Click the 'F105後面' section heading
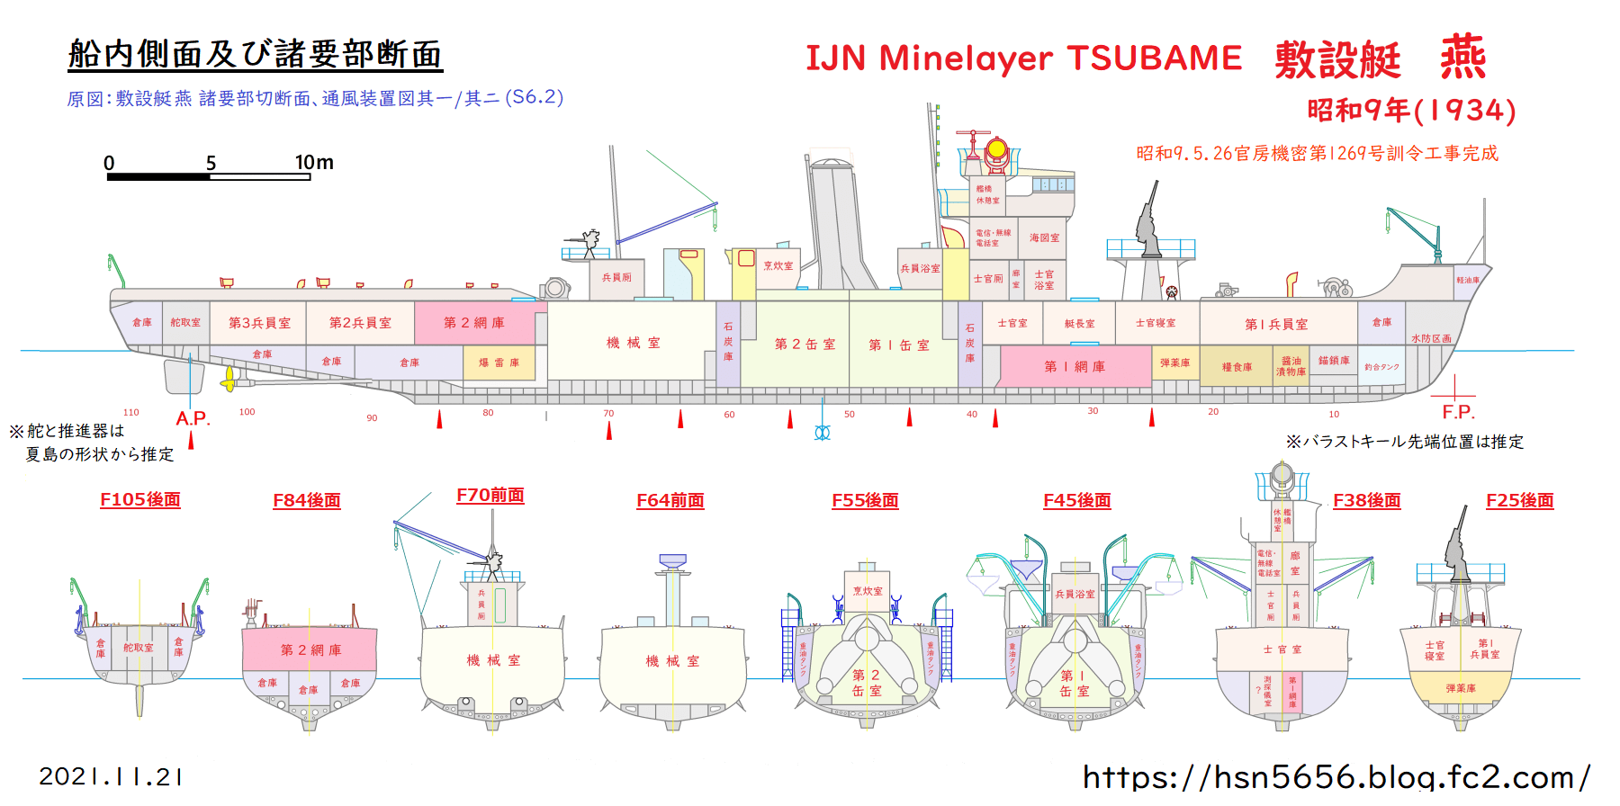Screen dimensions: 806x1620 [140, 499]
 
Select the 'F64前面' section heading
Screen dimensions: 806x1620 [670, 500]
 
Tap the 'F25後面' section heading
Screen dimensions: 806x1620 [1519, 500]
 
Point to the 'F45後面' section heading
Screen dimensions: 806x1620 [1076, 500]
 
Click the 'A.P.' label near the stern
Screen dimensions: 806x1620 [193, 418]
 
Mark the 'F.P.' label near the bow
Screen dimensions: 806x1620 [1458, 412]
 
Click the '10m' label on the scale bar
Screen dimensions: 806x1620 [314, 163]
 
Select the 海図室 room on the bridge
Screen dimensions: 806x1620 [1044, 237]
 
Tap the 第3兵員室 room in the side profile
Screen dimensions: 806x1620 [259, 323]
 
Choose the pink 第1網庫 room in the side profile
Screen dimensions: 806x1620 [1075, 366]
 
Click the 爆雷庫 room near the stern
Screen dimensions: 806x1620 [499, 363]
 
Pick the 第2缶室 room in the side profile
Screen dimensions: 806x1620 [804, 345]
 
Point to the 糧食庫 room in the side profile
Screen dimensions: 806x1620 [1237, 367]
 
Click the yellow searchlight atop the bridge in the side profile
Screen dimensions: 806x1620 [996, 149]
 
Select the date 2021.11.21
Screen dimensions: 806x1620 [111, 776]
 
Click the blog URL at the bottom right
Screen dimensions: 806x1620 [1336, 776]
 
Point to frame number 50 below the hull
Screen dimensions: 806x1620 [849, 415]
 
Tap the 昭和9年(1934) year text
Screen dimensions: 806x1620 [1411, 111]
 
